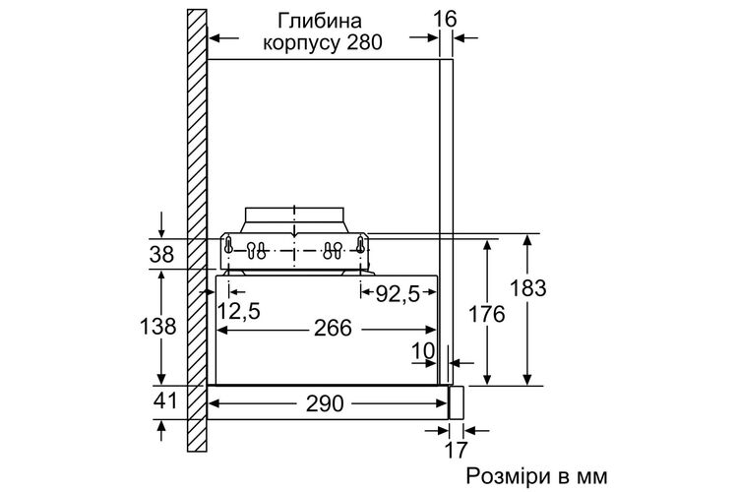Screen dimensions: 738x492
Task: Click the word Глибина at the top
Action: (320, 22)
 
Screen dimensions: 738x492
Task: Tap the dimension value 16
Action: (445, 20)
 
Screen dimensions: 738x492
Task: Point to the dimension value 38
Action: (162, 255)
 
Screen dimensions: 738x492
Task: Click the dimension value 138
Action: (158, 326)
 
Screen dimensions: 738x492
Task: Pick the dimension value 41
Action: (165, 400)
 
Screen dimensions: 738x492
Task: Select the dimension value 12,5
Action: (239, 311)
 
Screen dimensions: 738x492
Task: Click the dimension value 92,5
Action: (398, 295)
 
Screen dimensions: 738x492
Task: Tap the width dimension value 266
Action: (334, 328)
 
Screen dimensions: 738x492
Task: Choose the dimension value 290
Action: (325, 404)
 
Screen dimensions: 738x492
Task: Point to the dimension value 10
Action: (423, 351)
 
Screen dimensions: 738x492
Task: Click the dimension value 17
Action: (456, 450)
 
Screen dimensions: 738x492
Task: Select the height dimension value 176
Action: (486, 314)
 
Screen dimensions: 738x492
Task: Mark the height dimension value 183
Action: (527, 288)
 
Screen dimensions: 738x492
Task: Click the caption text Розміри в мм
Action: (537, 476)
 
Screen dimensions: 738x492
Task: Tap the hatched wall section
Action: (197, 230)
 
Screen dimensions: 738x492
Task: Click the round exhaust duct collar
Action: (294, 219)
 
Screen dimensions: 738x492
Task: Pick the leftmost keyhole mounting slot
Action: (228, 246)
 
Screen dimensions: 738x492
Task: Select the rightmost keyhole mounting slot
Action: (360, 245)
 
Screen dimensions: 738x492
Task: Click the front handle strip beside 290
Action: (456, 402)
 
